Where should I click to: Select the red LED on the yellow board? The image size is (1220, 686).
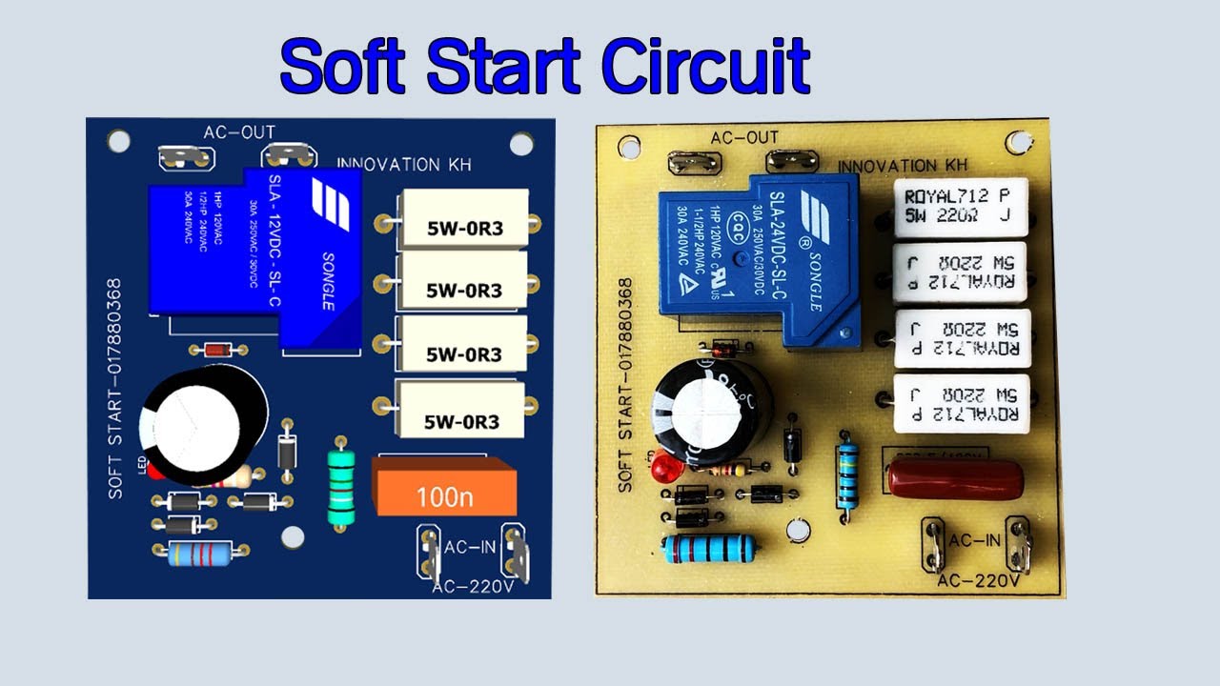[x=660, y=469]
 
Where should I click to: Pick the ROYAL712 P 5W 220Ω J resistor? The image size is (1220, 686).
[x=961, y=207]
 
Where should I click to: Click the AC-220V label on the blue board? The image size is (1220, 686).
[x=473, y=586]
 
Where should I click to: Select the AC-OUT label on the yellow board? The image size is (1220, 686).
[x=744, y=139]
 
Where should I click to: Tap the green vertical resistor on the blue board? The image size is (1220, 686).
[x=340, y=485]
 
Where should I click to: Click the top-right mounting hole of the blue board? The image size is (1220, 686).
[x=521, y=144]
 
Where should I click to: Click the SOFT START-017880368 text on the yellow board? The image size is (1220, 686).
[x=625, y=385]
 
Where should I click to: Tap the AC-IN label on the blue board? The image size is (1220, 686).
[x=469, y=549]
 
